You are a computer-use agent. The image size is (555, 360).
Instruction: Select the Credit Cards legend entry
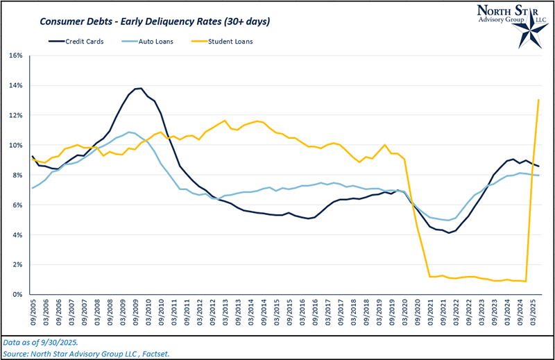pyautogui.click(x=82, y=42)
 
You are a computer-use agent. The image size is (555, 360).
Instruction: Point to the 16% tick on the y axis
pyautogui.click(x=15, y=55)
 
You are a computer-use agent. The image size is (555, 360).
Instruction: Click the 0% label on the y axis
pyautogui.click(x=17, y=295)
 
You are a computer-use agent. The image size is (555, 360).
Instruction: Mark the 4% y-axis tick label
pyautogui.click(x=17, y=235)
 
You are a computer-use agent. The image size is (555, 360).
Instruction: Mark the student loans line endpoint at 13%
pyautogui.click(x=539, y=100)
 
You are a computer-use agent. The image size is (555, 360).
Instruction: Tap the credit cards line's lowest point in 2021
pyautogui.click(x=449, y=232)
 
